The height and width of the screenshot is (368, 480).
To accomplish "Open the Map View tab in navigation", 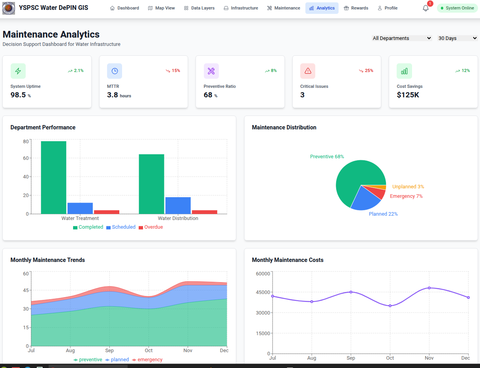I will (161, 8).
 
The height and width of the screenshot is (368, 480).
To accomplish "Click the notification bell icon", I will (425, 8).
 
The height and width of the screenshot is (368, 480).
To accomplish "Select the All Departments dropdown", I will (402, 38).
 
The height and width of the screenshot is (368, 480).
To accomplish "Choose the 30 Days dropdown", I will (457, 38).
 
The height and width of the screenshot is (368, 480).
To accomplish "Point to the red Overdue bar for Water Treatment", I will (107, 212).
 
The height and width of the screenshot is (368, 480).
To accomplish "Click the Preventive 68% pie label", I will (327, 157).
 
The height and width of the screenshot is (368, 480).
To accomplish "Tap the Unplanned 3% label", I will (408, 187).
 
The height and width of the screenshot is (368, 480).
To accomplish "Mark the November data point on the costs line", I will (429, 288).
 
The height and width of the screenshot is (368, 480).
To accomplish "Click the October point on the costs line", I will (390, 305).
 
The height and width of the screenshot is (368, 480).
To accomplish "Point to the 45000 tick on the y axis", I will (263, 292).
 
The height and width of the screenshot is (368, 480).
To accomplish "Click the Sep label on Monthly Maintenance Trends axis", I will (109, 351).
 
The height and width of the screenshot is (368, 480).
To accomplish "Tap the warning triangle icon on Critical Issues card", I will (308, 71).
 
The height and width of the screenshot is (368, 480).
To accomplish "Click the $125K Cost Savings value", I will (408, 95).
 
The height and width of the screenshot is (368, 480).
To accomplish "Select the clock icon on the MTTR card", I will (115, 71).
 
